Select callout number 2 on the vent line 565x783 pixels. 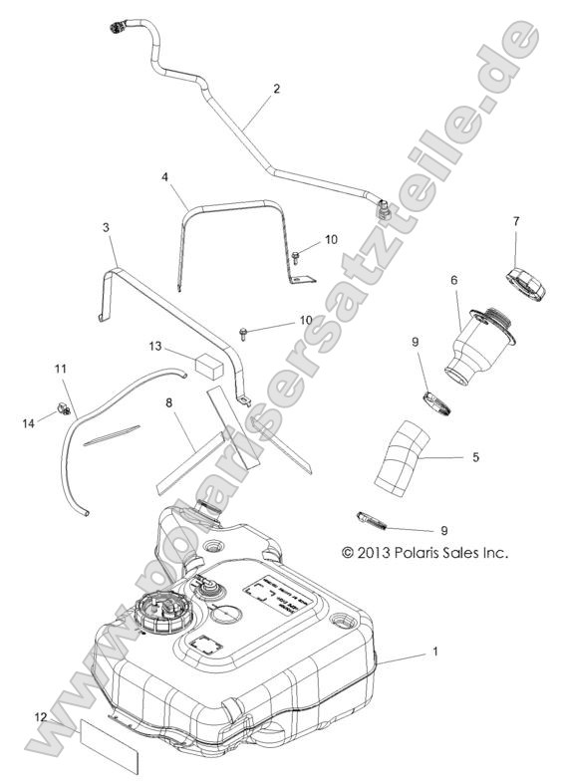tap(275, 89)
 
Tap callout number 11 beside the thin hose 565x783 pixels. tap(61, 370)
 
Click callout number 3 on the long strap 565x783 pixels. tap(107, 228)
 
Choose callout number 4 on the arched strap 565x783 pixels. tap(166, 176)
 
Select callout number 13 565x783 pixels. tap(154, 346)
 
